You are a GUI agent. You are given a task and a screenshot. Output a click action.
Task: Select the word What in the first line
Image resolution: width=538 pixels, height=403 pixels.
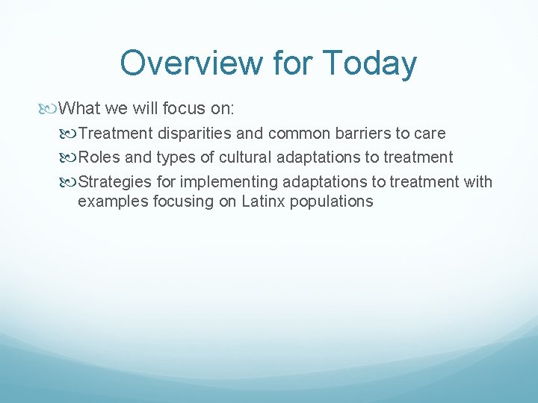coord(80,109)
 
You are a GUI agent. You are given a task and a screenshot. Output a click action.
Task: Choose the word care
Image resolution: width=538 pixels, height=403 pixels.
coord(431,134)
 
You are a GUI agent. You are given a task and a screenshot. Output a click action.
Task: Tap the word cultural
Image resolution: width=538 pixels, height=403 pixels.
coord(246,157)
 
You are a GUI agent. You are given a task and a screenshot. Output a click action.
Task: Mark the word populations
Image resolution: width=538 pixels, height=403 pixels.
coord(333,201)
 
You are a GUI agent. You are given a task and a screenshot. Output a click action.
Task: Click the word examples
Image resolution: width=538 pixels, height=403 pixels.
coord(108,201)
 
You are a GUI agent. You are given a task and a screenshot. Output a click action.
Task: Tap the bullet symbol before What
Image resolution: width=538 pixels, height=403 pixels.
coord(50,109)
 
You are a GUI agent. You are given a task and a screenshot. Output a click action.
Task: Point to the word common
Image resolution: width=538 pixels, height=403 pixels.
coord(300,134)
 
